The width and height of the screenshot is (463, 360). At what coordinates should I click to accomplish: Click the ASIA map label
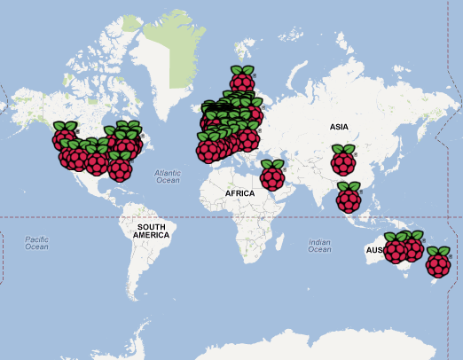point(339,127)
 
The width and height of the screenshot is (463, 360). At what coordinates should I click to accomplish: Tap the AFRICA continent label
point(239,192)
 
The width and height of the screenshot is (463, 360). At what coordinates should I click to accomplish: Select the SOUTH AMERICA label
point(152,231)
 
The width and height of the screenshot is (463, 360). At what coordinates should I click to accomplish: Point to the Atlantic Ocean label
point(167,176)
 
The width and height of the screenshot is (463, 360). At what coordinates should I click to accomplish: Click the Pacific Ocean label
point(36,243)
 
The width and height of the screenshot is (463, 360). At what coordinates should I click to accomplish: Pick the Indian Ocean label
point(319,246)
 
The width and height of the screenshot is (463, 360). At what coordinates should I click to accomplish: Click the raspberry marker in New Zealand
point(438,262)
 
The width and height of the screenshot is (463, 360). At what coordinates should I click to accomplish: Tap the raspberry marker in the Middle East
point(272,176)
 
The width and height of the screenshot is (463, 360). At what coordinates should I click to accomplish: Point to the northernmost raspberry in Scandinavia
point(241,80)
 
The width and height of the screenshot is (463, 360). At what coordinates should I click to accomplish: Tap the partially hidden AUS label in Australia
point(374,252)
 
